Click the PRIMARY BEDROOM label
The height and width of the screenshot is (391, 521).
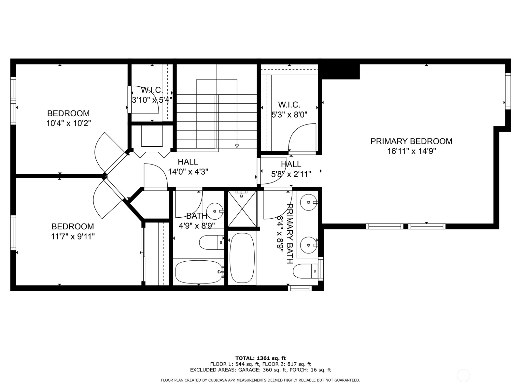[x=411, y=141]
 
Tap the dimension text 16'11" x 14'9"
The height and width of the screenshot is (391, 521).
[x=412, y=151]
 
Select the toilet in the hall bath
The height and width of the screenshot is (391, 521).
[x=212, y=242]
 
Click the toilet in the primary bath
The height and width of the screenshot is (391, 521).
[x=306, y=271]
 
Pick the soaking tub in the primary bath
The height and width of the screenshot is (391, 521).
[x=242, y=258]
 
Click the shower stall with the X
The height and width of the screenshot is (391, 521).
[x=242, y=209]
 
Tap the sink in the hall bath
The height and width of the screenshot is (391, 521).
[x=215, y=211]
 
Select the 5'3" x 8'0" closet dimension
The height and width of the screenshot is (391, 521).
[x=289, y=115]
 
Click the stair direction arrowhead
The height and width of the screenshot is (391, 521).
[x=237, y=146]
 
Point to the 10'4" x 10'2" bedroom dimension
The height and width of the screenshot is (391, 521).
[x=69, y=123]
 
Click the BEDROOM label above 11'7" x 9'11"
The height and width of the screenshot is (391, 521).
[x=73, y=226]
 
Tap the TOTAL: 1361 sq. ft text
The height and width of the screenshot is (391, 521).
[x=260, y=358]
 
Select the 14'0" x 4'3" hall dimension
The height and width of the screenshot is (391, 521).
[x=188, y=172]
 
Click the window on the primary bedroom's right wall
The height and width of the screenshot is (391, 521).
[x=508, y=91]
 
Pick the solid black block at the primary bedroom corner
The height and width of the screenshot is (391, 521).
[x=341, y=71]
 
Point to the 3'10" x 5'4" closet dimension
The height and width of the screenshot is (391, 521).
[x=152, y=100]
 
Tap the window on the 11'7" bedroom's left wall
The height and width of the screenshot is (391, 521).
[x=13, y=233]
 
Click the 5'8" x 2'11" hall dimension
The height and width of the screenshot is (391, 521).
[x=291, y=175]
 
